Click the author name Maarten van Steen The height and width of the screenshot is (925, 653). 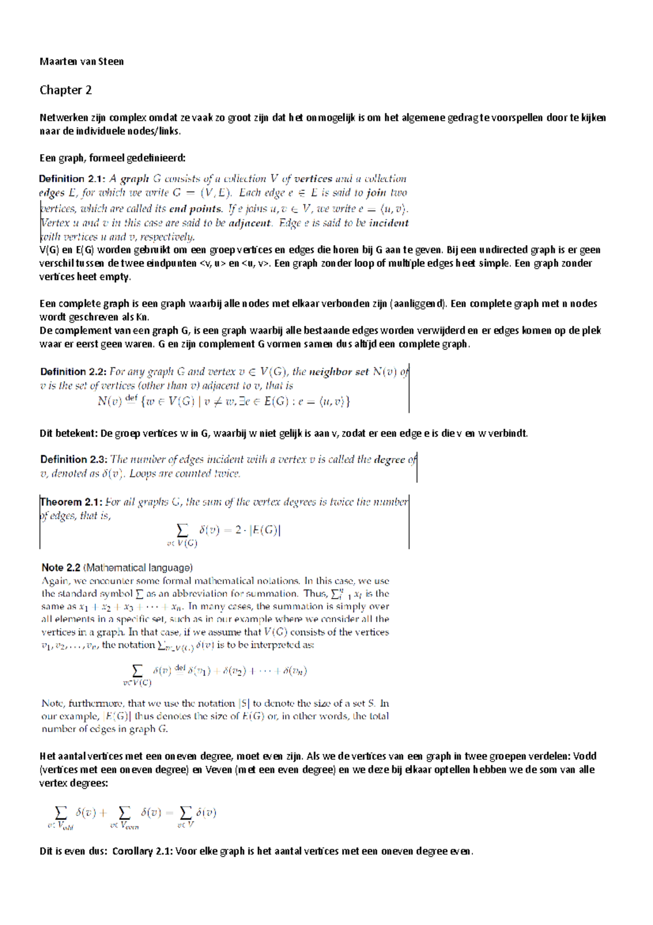point(82,62)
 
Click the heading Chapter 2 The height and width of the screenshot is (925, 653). point(65,90)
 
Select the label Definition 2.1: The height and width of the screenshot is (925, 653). point(72,179)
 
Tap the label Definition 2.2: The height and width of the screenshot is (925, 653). point(73,372)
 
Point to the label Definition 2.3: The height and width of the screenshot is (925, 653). point(73,460)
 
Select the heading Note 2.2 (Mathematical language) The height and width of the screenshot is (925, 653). point(117,568)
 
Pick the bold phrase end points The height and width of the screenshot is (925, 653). point(196,209)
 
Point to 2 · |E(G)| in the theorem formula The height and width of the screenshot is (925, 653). point(258,530)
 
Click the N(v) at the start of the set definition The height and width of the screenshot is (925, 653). point(109,402)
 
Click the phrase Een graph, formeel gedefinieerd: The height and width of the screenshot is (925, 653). point(113,158)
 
